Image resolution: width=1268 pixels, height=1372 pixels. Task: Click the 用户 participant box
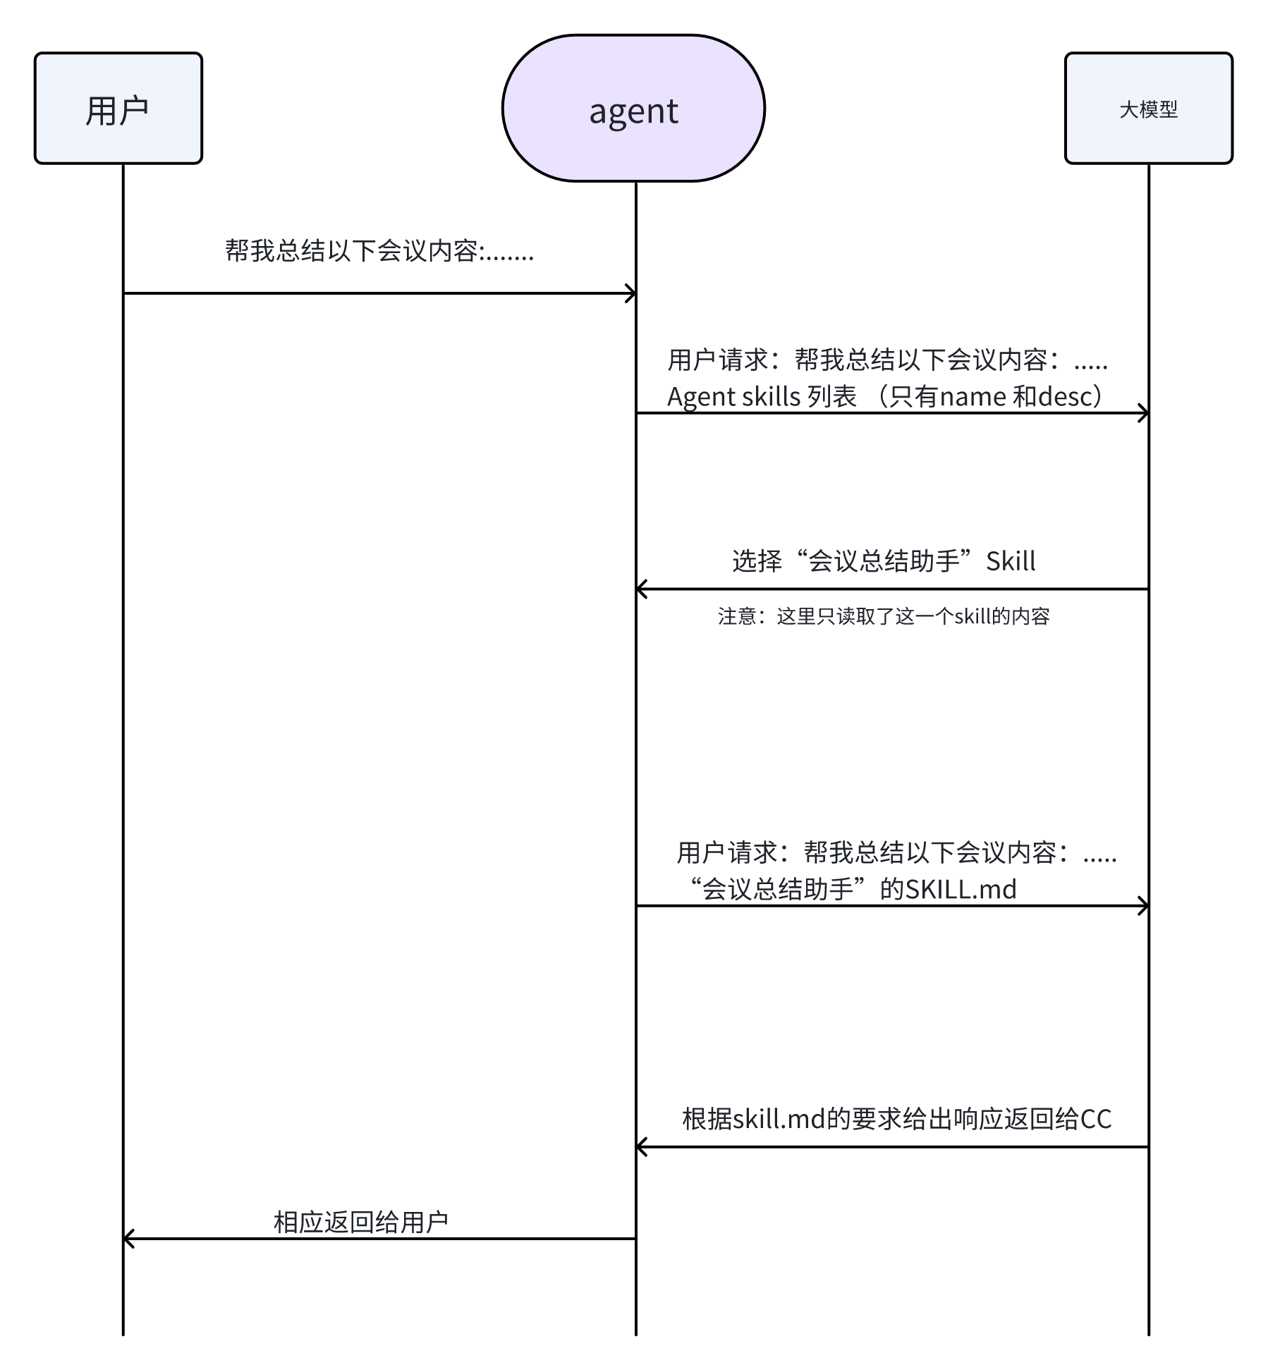point(118,109)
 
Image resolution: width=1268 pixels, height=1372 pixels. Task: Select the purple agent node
point(633,109)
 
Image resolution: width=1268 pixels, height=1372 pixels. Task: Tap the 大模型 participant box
point(1148,109)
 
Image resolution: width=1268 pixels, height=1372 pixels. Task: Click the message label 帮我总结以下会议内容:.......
point(379,251)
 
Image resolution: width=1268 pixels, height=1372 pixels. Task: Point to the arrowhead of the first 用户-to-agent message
point(631,293)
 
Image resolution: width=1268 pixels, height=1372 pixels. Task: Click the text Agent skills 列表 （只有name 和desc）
point(886,396)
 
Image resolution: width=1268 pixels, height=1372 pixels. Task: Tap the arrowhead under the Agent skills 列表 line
point(1144,413)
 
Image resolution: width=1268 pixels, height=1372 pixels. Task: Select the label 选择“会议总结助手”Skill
point(884,561)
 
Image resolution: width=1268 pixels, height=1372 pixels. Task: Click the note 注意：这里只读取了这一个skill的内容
point(884,617)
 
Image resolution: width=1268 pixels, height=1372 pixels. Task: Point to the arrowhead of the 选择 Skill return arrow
point(641,589)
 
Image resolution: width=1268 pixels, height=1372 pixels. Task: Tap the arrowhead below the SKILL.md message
point(1144,906)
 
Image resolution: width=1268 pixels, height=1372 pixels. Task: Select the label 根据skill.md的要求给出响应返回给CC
point(896,1119)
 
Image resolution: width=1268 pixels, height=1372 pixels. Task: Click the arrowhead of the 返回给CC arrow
point(641,1147)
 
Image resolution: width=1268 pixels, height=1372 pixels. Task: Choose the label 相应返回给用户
point(360,1222)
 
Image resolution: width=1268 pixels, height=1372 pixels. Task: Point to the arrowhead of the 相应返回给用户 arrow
point(128,1239)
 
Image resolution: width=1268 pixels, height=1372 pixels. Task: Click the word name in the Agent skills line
point(973,397)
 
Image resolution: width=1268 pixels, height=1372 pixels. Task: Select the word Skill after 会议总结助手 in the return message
point(1011,561)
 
